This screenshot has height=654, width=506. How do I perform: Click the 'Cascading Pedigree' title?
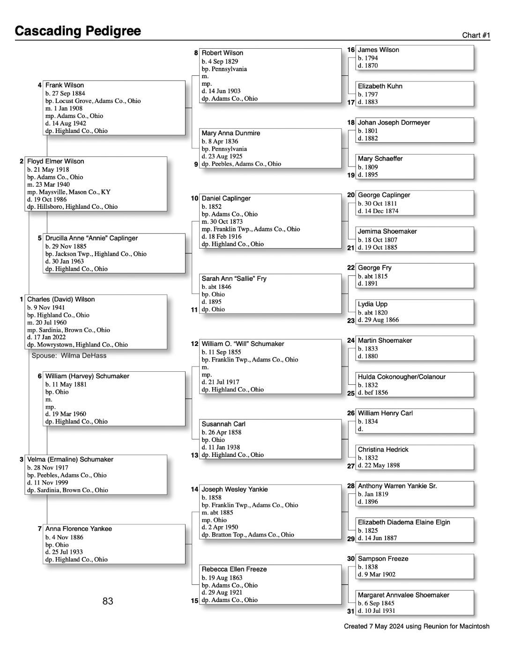pos(78,31)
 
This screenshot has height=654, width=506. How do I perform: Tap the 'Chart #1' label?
pos(476,36)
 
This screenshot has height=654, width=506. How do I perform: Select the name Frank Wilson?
pos(65,85)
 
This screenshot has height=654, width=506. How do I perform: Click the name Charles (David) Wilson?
pos(61,300)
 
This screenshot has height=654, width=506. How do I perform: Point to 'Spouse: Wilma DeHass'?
pos(69,356)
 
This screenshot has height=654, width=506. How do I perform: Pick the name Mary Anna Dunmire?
pos(231,133)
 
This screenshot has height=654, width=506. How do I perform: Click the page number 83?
pos(108,601)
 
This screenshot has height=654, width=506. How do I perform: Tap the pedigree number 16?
pos(351,50)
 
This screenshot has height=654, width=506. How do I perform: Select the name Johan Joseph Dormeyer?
pos(394,123)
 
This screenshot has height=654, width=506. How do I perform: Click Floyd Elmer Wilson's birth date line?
pos(48,169)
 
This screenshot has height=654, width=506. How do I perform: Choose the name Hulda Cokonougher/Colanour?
pos(402,377)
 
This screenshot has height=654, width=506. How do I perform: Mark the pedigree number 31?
pos(351,611)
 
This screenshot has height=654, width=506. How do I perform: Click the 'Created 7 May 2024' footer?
pos(417,626)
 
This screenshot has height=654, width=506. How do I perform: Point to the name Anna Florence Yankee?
pos(79,529)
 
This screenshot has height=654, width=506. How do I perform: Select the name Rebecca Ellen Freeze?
pos(234,569)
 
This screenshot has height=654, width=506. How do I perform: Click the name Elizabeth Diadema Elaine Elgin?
pos(404,522)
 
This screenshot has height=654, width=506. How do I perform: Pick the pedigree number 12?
pos(195,344)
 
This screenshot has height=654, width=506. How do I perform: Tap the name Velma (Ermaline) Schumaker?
pos(70,460)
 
